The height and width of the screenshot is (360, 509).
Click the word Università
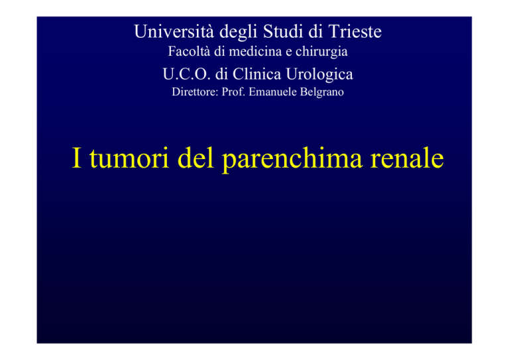(174, 31)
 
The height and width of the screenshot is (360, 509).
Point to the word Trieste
(355, 31)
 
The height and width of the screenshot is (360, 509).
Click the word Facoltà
(189, 51)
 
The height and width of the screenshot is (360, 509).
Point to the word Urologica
(319, 75)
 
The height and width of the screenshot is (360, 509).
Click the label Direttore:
(195, 92)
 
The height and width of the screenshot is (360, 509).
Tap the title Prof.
(233, 92)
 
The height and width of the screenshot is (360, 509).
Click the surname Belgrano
(321, 93)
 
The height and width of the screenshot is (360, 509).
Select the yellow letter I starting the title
(77, 158)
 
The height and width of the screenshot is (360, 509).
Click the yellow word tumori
(129, 158)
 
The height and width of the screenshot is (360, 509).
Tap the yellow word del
(196, 157)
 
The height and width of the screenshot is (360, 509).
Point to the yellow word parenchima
(292, 159)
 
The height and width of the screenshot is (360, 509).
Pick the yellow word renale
(407, 157)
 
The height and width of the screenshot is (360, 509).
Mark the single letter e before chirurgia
(288, 52)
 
